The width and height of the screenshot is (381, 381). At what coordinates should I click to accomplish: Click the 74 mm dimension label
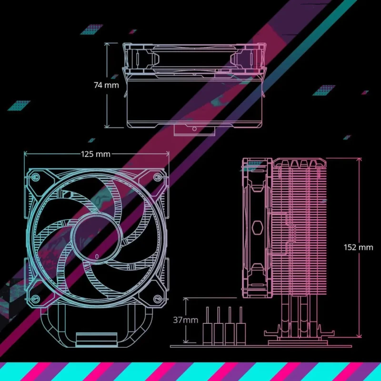(106, 85)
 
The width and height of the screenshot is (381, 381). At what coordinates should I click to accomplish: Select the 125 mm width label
(95, 154)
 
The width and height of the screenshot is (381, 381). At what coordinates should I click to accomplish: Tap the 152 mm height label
(359, 247)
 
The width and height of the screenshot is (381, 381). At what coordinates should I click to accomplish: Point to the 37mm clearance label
(185, 320)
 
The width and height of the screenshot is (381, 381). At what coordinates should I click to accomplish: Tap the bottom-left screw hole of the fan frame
(35, 299)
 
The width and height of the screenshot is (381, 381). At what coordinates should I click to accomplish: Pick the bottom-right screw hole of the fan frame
(157, 299)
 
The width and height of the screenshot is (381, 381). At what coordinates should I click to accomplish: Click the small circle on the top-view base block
(194, 129)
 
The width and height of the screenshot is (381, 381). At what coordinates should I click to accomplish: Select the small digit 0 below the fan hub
(97, 256)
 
